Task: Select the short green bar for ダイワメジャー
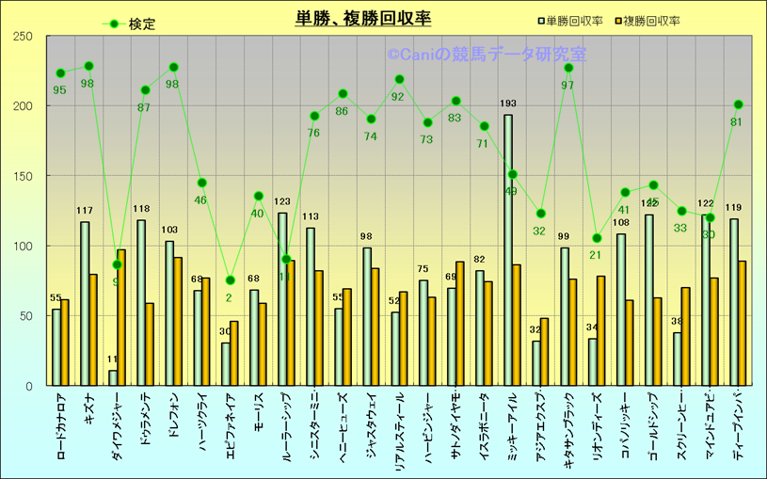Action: pos(113,377)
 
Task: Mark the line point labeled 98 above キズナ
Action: pos(88,66)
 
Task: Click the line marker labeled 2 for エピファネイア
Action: pos(230,280)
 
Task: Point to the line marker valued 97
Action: pos(568,68)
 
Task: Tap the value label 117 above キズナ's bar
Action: pos(85,211)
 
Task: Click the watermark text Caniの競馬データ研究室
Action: pos(486,56)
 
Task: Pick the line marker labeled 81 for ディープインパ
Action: pos(738,104)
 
